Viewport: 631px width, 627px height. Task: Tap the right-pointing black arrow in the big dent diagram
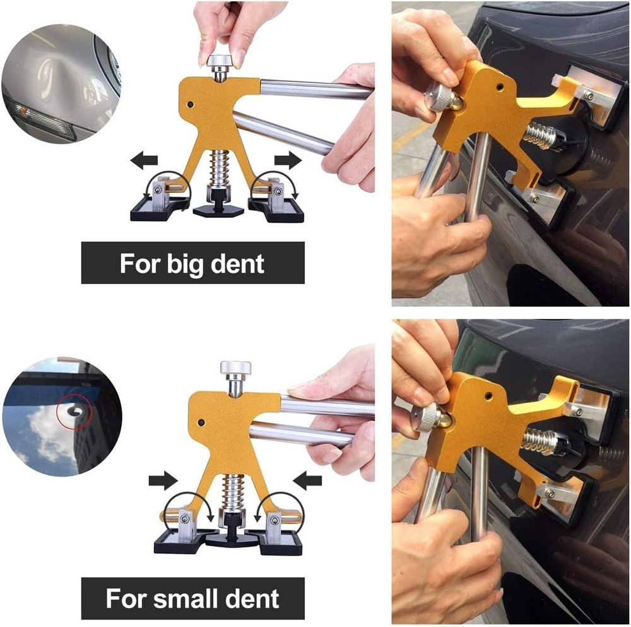coord(288,160)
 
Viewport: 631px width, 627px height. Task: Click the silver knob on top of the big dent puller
coord(220,63)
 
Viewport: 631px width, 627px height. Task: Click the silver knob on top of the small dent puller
coord(235,367)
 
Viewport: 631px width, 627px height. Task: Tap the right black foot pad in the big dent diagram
coord(278,209)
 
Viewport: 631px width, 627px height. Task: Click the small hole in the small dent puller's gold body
coord(201,422)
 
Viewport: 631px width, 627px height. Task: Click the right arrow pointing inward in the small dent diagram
coord(309,482)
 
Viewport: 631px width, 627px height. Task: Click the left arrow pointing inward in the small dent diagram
coord(162,481)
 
